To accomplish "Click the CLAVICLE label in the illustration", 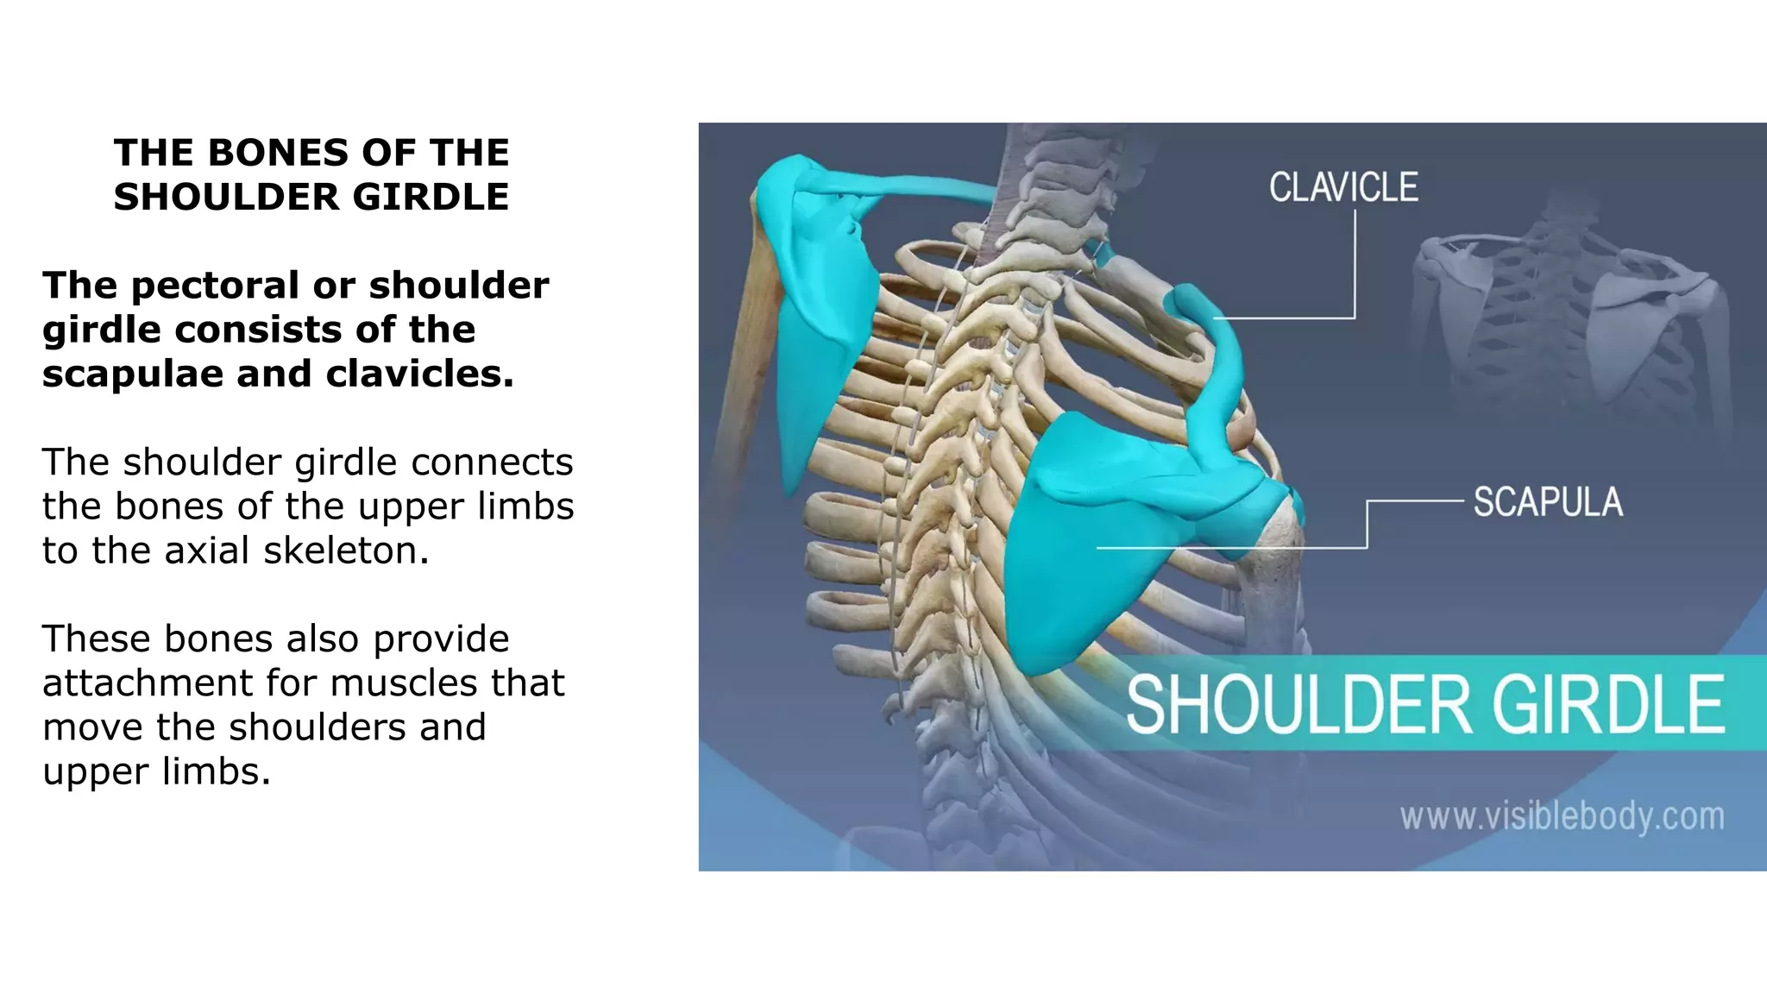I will tap(1343, 187).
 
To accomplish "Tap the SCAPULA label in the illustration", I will tap(1548, 502).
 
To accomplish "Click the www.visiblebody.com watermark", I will tap(1562, 816).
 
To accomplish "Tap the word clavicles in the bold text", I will tap(419, 374).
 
